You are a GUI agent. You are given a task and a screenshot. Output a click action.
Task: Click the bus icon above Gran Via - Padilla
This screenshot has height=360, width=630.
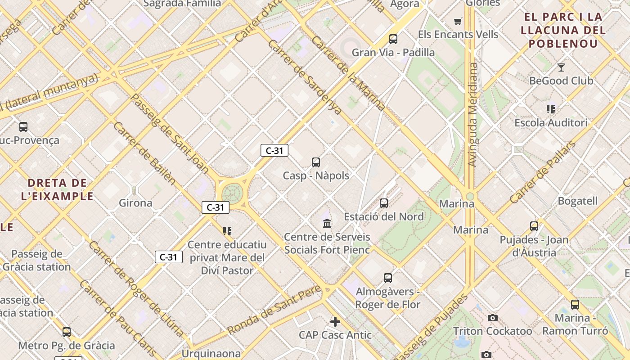pos(393,39)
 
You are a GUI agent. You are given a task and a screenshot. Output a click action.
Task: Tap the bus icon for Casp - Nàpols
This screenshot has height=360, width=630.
pos(316,162)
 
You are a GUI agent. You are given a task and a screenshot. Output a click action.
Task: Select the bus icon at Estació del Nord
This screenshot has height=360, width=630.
pos(384,203)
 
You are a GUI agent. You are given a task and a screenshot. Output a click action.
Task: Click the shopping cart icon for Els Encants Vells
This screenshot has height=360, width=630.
pos(458,21)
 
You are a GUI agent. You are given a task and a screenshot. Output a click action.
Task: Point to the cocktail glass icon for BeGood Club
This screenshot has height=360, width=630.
pos(561,67)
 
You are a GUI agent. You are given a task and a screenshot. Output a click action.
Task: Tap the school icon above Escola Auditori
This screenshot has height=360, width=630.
pos(551,109)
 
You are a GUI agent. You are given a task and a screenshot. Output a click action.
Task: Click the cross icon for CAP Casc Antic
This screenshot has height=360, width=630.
pos(335,322)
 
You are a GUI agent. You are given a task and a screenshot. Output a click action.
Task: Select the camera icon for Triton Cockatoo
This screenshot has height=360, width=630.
pos(493,318)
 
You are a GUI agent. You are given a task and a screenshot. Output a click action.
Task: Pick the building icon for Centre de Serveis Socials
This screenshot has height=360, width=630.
pos(327,223)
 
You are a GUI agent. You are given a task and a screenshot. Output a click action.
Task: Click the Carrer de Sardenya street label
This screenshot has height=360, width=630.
pos(305,76)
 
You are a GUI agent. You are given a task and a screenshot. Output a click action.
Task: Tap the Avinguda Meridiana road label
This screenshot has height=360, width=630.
pos(472,115)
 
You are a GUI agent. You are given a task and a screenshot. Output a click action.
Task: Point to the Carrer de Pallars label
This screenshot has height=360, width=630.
pos(543,172)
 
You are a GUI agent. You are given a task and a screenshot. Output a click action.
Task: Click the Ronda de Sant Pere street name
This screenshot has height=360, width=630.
pos(274,309)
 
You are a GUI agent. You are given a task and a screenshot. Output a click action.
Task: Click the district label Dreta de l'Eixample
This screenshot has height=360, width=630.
pos(57,189)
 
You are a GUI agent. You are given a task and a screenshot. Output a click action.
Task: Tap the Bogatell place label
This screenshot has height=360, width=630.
pos(577,201)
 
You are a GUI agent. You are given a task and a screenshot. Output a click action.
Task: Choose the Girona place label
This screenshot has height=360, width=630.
pos(135,203)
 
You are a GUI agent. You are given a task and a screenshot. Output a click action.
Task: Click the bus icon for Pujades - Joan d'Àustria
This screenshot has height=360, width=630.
pos(534,226)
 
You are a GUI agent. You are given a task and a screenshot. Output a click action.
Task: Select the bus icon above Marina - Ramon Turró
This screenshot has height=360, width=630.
pos(575,305)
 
